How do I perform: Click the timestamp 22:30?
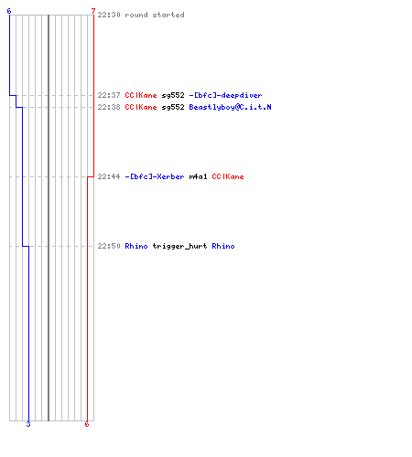pos(109,15)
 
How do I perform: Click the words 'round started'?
pos(155,15)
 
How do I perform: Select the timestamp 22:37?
pos(109,95)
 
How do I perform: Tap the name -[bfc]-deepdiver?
pos(225,95)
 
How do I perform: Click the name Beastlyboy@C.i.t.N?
pos(231,107)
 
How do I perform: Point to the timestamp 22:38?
pos(109,107)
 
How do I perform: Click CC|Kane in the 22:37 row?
pos(141,95)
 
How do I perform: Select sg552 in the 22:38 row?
pos(173,108)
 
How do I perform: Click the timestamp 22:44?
pos(109,176)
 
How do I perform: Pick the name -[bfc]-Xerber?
pos(155,176)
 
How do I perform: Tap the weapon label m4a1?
pos(199,176)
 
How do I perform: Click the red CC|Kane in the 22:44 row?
pos(228,176)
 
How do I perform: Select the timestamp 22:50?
pos(109,246)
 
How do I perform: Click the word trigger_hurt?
pos(180,247)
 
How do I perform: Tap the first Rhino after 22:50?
pos(136,246)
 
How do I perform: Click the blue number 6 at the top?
pos(9,11)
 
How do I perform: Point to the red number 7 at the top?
pos(93,11)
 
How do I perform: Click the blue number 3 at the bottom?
pos(28,424)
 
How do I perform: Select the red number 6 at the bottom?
pos(87,424)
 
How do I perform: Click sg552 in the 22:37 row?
pos(173,96)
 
